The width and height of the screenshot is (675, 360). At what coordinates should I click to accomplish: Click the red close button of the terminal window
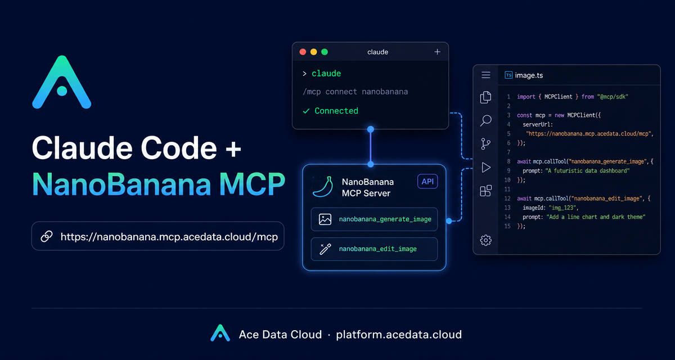click(x=303, y=52)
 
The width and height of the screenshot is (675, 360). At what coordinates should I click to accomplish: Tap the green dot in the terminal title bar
click(x=325, y=52)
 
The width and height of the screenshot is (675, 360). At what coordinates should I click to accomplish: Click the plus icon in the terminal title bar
click(x=437, y=52)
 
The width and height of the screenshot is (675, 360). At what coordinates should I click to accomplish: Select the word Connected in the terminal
click(x=336, y=111)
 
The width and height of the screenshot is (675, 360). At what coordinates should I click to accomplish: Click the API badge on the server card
click(x=427, y=181)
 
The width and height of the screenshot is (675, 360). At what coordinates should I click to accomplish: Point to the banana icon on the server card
click(x=323, y=187)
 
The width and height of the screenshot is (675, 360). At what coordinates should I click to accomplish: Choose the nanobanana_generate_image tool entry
click(x=374, y=219)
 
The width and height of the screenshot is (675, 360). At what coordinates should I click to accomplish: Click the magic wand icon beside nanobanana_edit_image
click(x=325, y=249)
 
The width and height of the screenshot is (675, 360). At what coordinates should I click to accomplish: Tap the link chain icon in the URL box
click(x=47, y=236)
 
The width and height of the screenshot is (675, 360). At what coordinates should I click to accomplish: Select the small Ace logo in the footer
click(x=220, y=333)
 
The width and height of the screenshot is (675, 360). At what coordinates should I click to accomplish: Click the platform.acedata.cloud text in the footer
click(x=399, y=335)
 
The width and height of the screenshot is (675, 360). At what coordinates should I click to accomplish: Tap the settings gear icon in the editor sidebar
click(x=486, y=240)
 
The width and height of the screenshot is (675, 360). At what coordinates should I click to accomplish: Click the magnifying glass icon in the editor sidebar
click(x=486, y=120)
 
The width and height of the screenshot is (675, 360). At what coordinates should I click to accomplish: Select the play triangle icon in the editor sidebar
click(x=486, y=168)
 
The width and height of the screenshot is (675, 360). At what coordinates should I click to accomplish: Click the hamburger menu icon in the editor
click(x=486, y=75)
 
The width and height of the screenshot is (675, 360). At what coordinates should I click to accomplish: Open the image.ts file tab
click(x=524, y=75)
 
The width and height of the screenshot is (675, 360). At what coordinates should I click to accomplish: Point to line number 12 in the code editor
click(x=507, y=199)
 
